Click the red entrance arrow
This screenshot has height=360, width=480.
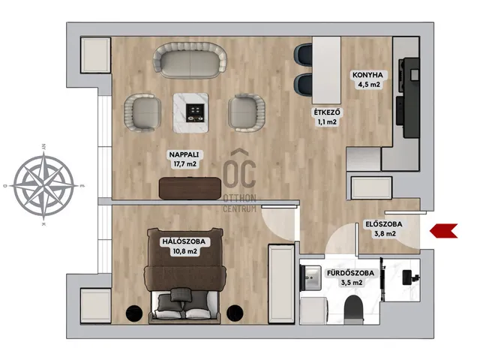443,231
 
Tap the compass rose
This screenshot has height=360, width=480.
44,185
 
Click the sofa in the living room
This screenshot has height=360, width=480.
190,61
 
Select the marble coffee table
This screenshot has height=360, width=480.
190,112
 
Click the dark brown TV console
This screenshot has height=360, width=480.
190,188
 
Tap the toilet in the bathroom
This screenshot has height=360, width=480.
353,310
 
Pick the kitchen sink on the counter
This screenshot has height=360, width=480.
414,74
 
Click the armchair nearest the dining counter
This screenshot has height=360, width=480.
247,112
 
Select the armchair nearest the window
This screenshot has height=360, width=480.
142,112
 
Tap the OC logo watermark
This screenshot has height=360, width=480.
239,181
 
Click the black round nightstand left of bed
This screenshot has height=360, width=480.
134,313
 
